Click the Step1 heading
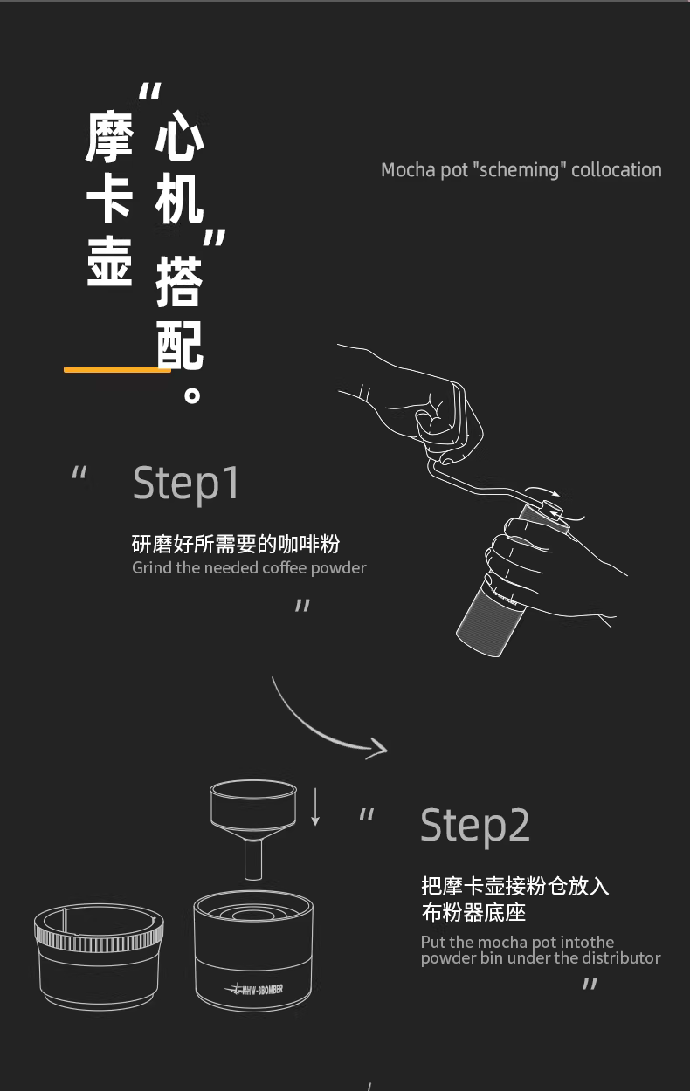(x=186, y=484)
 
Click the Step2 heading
(x=475, y=825)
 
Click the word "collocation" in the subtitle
(x=617, y=170)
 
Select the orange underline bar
(x=117, y=369)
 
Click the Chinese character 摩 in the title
(x=109, y=136)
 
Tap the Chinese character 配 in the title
(x=179, y=345)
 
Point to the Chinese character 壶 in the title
(x=109, y=262)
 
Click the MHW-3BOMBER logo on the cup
(x=254, y=989)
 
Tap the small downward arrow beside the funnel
(x=315, y=806)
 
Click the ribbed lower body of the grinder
(x=489, y=616)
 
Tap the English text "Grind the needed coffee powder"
(x=249, y=568)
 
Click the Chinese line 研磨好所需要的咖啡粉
(x=236, y=544)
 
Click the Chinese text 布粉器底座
(x=473, y=912)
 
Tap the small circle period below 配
(x=192, y=395)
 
